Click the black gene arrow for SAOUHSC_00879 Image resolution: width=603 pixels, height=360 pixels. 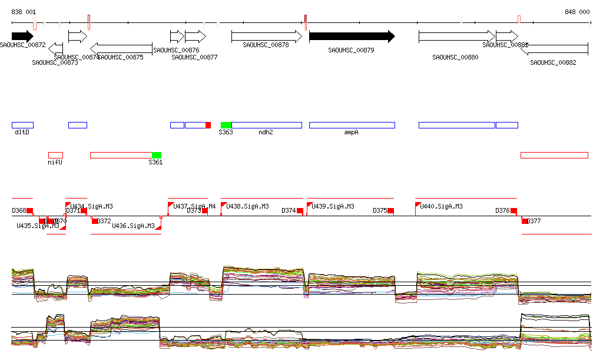point(352,37)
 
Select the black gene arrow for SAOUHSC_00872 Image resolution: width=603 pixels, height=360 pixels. point(22,37)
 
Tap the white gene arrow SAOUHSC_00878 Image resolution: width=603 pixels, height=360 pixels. point(266,37)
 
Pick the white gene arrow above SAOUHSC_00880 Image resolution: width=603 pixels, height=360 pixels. point(456,37)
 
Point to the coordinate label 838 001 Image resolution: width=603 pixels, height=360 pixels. point(24,12)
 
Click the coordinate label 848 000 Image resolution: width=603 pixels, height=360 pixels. point(577,12)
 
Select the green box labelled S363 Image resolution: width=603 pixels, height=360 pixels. point(226,125)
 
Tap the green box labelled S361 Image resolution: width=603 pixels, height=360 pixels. point(157,155)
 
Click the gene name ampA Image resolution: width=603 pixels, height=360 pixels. point(352,133)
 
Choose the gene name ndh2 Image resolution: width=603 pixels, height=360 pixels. point(266,133)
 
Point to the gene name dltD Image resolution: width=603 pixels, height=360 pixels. point(22,133)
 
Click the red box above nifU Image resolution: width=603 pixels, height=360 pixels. point(55,155)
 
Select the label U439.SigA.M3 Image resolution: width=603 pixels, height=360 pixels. point(333,207)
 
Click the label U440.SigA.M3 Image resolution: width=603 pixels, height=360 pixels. point(441,207)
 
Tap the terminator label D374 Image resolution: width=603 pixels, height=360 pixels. point(289,210)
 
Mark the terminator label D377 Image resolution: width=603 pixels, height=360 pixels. point(534,222)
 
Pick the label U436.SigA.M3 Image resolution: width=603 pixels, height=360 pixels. point(133,226)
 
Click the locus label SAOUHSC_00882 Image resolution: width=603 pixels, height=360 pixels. point(553,62)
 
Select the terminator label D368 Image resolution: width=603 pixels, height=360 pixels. point(19,210)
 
